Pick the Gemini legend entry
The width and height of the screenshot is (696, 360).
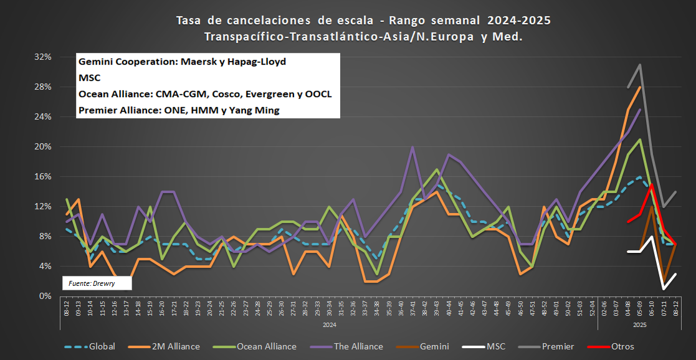coord(434,346)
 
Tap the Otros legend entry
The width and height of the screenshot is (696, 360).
coord(622,346)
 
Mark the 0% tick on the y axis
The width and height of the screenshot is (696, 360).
coord(44,296)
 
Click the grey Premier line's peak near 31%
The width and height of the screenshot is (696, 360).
coord(640,65)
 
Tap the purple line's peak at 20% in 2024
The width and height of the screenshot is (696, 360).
coord(412,147)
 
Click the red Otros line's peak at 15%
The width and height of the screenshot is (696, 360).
coord(652,184)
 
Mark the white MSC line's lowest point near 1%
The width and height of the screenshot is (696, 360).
coord(664,288)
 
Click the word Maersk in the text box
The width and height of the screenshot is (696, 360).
coord(198,62)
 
